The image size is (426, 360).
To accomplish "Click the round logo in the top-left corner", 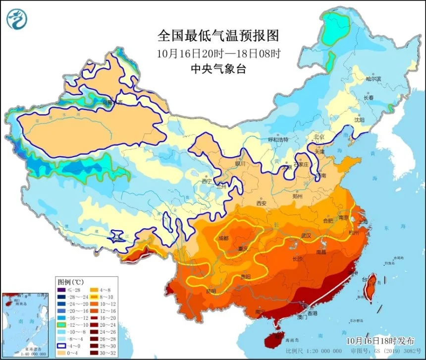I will (x=17, y=19).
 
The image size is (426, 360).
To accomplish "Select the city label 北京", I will (x=319, y=137).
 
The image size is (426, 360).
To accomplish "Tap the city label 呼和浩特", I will (x=277, y=140).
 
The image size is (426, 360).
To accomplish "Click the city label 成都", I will (x=223, y=238).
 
